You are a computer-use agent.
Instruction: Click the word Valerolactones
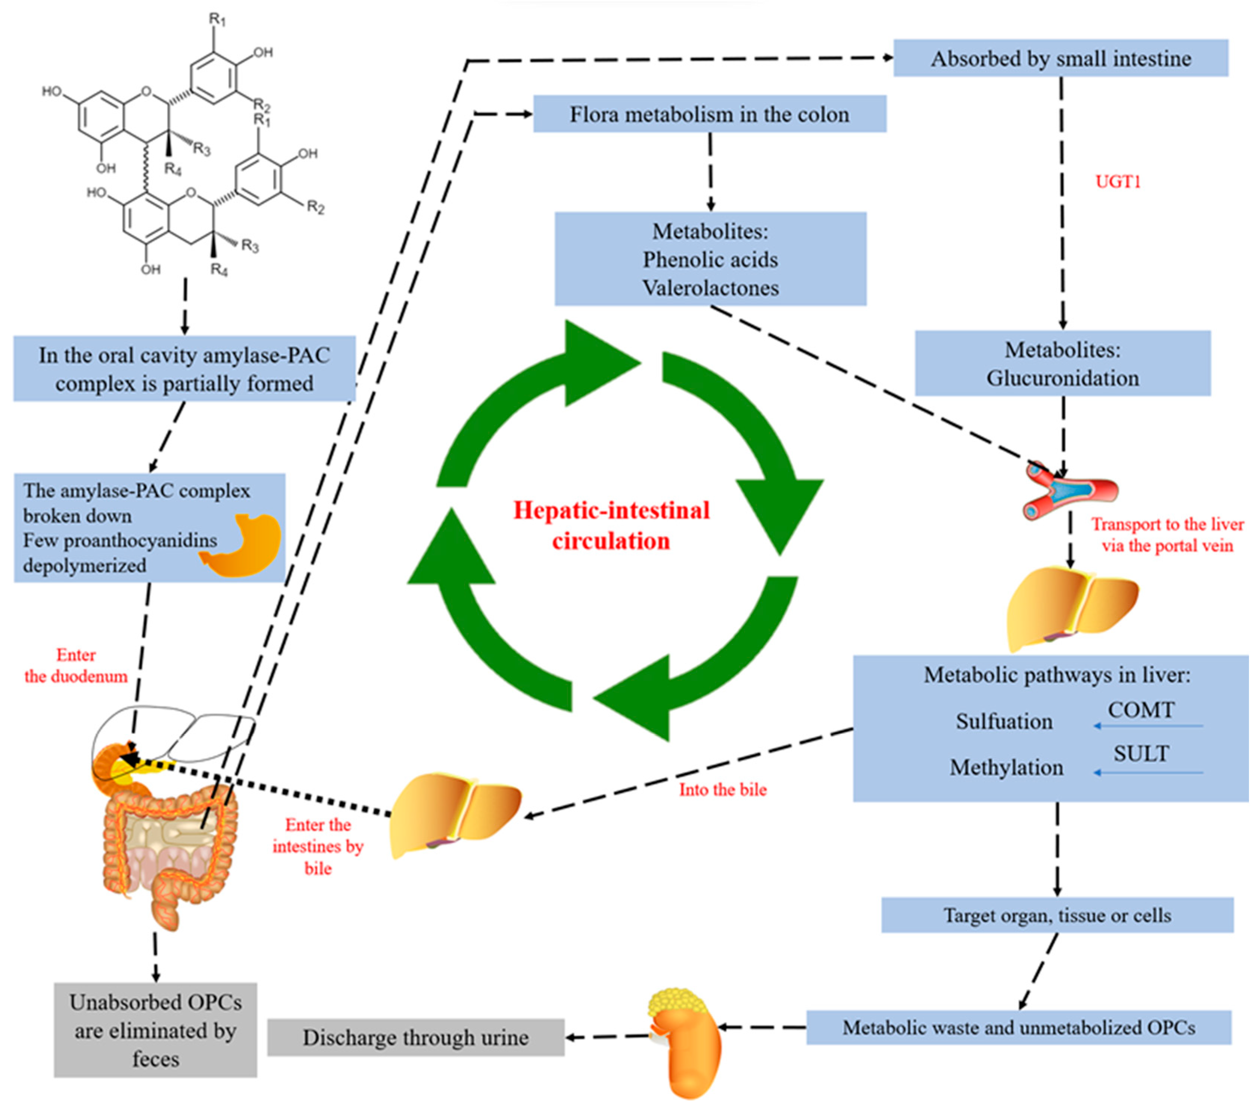point(710,288)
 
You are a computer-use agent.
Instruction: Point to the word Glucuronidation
point(1063,378)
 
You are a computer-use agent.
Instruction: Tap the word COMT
point(1141,710)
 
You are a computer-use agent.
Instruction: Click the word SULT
point(1141,753)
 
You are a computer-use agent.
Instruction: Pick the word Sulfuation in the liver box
point(1004,721)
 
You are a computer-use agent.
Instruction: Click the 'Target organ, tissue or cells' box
point(1057,915)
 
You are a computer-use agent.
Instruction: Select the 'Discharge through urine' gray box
point(416,1037)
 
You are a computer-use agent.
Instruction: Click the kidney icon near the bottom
point(685,1041)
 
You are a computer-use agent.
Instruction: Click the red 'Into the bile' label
point(723,790)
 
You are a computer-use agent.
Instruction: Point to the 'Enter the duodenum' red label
point(76,665)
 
